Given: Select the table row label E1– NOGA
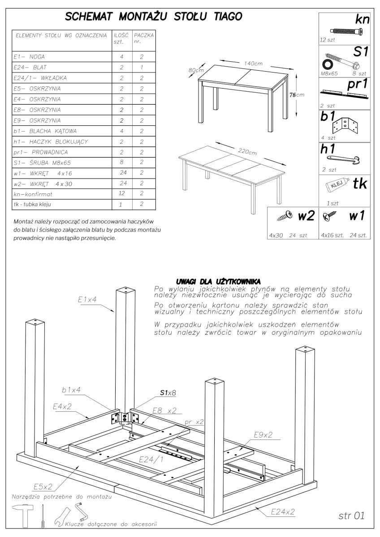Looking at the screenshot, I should [29, 57].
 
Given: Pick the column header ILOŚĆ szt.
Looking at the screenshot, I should [121, 38].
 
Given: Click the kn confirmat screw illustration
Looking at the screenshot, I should [345, 31].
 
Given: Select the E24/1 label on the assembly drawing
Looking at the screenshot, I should [151, 459].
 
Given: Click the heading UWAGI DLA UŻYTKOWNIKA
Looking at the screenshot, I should [216, 281].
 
